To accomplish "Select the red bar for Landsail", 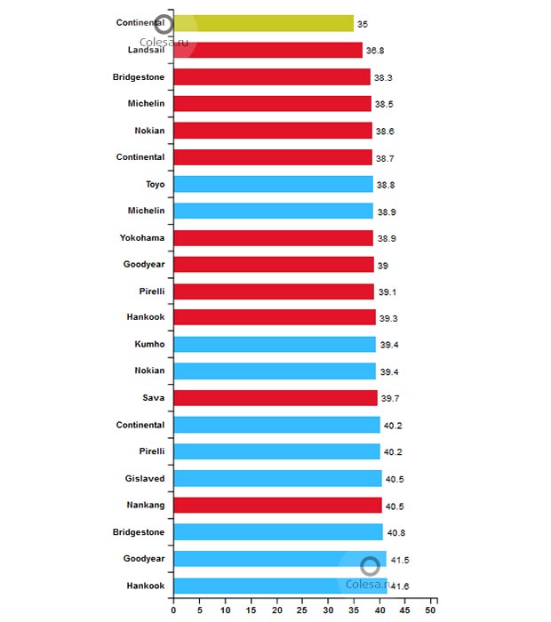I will pyautogui.click(x=268, y=51).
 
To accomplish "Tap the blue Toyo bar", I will pyautogui.click(x=273, y=184).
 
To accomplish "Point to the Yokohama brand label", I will pyautogui.click(x=142, y=238).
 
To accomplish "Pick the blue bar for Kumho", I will pyautogui.click(x=275, y=344).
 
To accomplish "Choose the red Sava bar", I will pyautogui.click(x=275, y=398).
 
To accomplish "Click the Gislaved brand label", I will pyautogui.click(x=145, y=478).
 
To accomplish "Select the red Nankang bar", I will pyautogui.click(x=277, y=505).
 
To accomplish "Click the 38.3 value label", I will pyautogui.click(x=383, y=78).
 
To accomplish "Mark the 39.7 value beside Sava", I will pyautogui.click(x=390, y=398).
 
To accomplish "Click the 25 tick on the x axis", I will pyautogui.click(x=303, y=611).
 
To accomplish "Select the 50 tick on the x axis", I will pyautogui.click(x=432, y=611).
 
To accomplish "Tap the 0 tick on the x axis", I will pyautogui.click(x=173, y=611).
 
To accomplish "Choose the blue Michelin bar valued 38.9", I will pyautogui.click(x=273, y=211).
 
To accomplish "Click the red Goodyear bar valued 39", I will pyautogui.click(x=274, y=265).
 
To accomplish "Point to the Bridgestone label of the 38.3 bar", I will pyautogui.click(x=139, y=77).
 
